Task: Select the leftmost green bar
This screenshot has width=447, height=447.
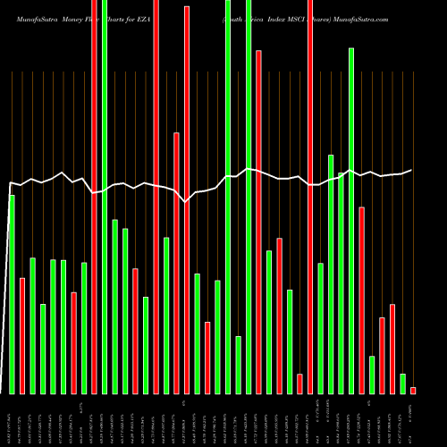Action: pos(12,294)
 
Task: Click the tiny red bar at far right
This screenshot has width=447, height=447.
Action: pos(413,390)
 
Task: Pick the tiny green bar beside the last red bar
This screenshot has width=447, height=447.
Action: pos(402,384)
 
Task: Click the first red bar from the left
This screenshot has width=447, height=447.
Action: pos(22,335)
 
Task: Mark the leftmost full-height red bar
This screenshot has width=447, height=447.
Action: pos(94,232)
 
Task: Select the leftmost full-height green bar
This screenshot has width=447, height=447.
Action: pos(105,232)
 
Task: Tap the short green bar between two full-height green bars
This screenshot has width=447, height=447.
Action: pos(239,365)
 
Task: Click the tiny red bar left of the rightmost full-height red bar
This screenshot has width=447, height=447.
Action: pos(299,384)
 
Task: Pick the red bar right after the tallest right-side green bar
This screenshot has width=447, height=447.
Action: pos(362,300)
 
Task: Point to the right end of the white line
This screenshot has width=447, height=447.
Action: pos(411,170)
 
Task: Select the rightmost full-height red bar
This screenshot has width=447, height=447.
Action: pos(310,232)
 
